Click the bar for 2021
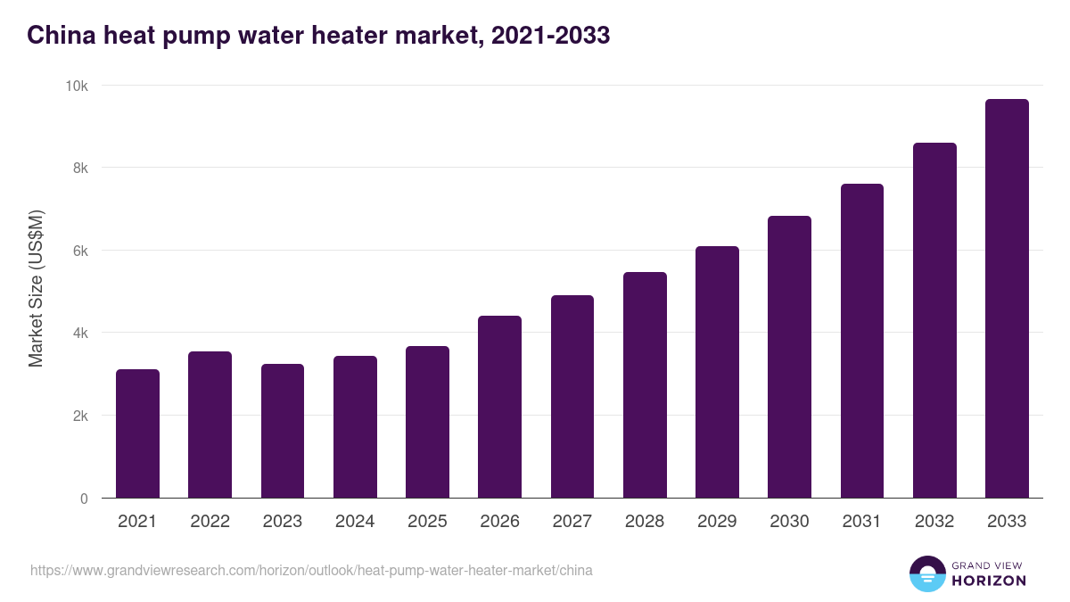(x=137, y=433)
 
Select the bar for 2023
(x=283, y=431)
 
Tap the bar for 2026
(x=499, y=407)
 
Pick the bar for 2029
(x=717, y=372)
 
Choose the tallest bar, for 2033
(x=1007, y=299)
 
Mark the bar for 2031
(x=861, y=341)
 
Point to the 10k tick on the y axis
(x=78, y=86)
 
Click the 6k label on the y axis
(x=80, y=251)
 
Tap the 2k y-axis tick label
(x=80, y=416)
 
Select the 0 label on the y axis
(x=84, y=499)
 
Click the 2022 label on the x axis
(x=210, y=522)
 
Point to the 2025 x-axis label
(x=427, y=522)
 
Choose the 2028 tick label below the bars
(x=645, y=522)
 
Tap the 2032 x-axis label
(x=934, y=522)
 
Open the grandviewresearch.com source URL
(x=311, y=570)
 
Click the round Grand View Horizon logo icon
(x=926, y=573)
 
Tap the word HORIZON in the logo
(x=989, y=581)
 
